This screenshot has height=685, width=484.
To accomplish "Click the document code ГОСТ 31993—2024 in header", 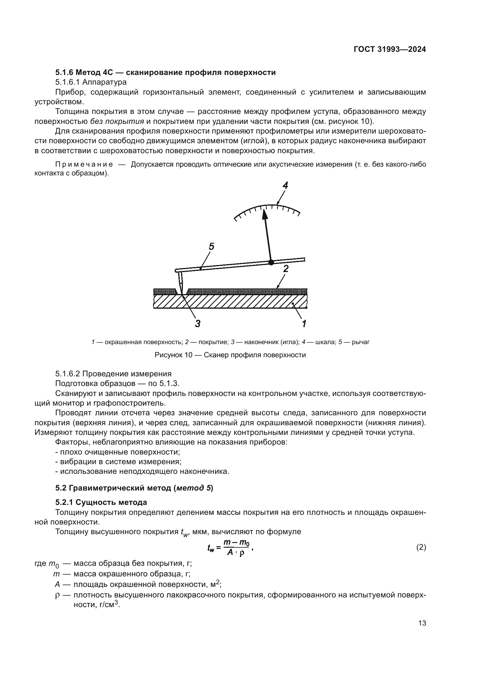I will [390, 49].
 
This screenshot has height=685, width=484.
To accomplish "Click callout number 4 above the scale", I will [285, 186].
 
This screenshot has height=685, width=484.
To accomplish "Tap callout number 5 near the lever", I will [211, 246].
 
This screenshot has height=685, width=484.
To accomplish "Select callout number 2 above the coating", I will [286, 269].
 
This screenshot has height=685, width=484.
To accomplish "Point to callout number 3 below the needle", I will [198, 323].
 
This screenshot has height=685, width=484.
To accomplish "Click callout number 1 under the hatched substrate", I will [304, 323].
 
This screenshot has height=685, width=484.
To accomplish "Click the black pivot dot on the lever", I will [271, 262].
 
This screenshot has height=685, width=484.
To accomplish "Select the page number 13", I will [422, 623].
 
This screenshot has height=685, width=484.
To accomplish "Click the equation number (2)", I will [421, 547].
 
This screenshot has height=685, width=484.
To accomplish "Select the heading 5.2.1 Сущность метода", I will [101, 503].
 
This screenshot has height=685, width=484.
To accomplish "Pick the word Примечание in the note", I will [84, 164].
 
